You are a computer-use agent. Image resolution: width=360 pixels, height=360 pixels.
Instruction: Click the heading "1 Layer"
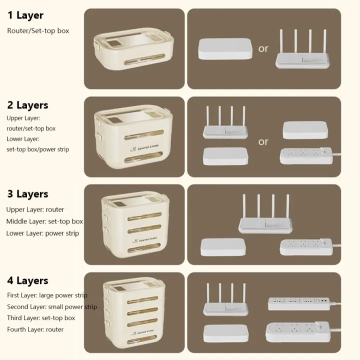25,15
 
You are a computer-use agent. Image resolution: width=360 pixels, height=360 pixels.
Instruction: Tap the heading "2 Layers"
27,105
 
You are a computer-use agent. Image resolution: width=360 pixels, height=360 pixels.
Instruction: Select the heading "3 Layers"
27,194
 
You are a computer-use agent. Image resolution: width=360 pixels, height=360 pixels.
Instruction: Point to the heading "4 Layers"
27,280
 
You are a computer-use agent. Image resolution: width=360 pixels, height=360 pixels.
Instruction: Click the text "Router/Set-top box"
38,31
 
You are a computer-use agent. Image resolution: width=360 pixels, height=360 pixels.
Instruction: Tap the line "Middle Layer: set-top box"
44,221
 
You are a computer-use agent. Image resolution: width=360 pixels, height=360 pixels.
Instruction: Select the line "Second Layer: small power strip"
52,306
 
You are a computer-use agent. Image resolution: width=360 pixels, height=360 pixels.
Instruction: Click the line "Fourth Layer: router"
35,329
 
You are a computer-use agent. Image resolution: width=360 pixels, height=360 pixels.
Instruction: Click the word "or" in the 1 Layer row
263,48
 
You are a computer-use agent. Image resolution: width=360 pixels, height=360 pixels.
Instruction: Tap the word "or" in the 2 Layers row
263,141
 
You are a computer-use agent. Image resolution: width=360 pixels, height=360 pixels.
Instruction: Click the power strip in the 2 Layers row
306,156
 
